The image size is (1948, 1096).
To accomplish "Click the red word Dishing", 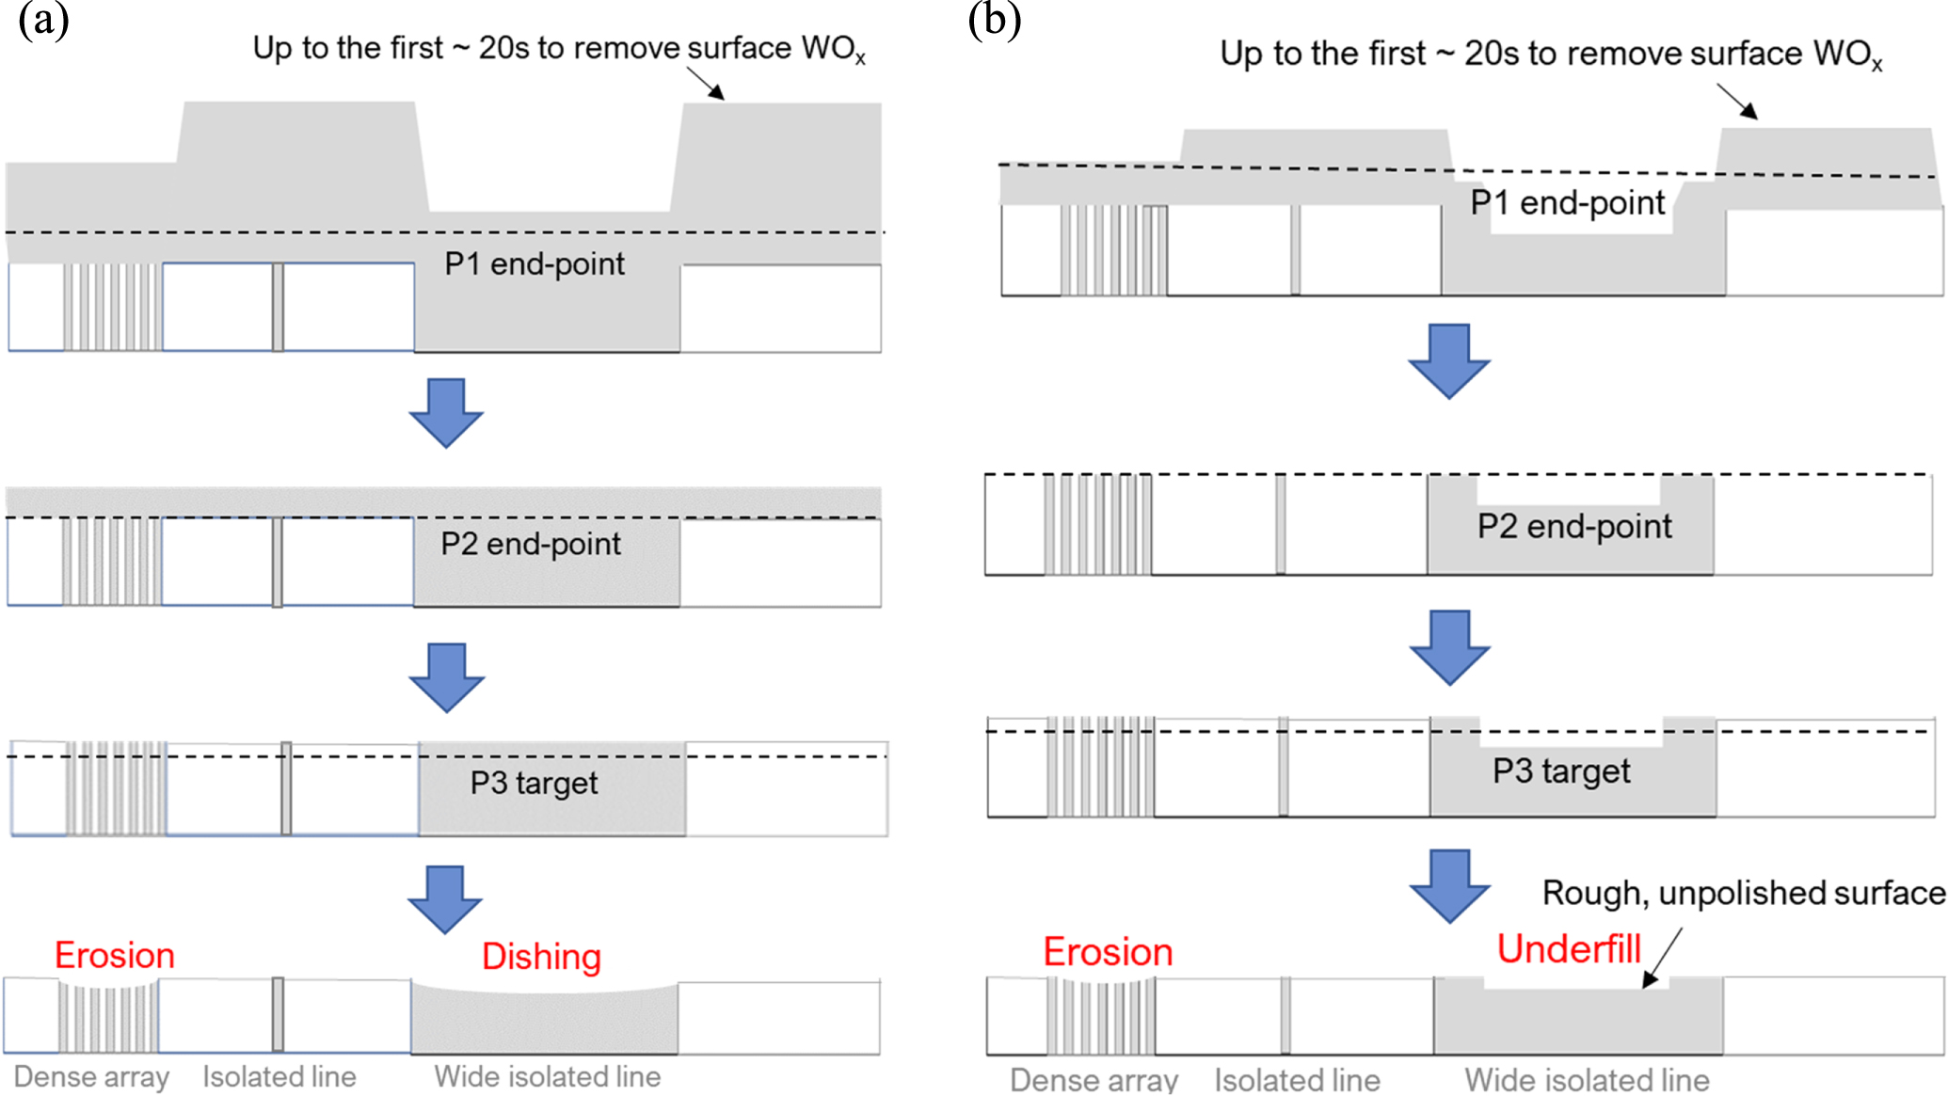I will click(541, 957).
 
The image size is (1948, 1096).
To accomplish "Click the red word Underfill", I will click(1569, 949).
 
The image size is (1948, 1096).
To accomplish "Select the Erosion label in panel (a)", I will click(115, 955).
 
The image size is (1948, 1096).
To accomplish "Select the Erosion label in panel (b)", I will click(1108, 952).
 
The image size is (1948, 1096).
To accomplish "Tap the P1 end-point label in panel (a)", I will click(535, 264).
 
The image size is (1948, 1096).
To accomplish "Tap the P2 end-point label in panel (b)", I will click(1574, 527).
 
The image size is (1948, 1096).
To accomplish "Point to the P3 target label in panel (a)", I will click(534, 783).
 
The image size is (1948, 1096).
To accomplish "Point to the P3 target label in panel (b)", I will click(1561, 771).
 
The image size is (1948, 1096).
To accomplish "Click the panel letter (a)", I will click(43, 21).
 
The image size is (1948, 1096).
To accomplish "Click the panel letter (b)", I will click(995, 21).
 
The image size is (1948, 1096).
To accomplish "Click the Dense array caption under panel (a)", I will click(91, 1076).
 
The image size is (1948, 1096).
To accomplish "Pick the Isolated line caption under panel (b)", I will click(1297, 1079).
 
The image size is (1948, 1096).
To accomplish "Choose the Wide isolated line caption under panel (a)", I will click(548, 1076).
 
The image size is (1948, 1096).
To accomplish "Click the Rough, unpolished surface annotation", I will click(1743, 893).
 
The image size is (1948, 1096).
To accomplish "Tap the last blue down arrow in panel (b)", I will click(1449, 885).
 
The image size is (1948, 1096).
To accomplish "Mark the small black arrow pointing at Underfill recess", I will click(1662, 959).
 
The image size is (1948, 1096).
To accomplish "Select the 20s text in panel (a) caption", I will click(503, 48).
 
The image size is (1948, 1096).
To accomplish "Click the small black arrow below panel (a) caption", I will click(706, 84).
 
